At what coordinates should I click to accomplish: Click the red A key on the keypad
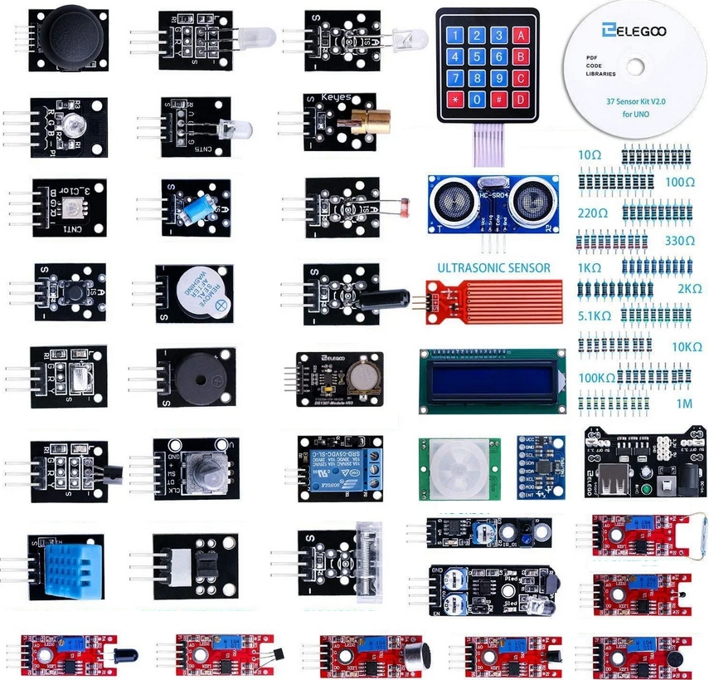click(521, 36)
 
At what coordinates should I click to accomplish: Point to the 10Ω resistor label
click(590, 155)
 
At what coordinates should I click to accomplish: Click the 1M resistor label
click(685, 404)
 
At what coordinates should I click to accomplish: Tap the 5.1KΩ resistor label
click(594, 316)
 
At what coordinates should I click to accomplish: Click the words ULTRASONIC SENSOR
click(493, 268)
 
